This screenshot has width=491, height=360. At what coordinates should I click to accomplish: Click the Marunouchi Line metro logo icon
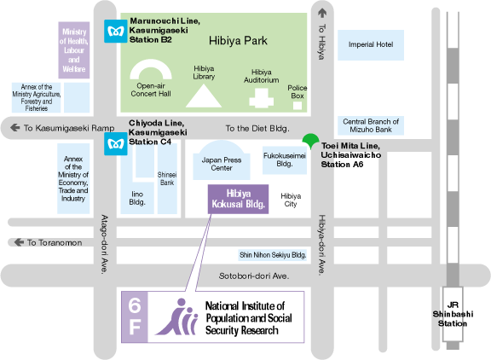pyautogui.click(x=116, y=31)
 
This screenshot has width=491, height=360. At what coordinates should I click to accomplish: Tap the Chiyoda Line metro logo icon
pyautogui.click(x=116, y=144)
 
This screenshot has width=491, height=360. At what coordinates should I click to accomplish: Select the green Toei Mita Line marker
pyautogui.click(x=310, y=141)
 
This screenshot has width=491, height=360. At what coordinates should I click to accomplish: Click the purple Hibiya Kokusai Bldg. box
pyautogui.click(x=239, y=200)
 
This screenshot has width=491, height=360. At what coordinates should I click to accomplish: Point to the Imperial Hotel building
pyautogui.click(x=371, y=45)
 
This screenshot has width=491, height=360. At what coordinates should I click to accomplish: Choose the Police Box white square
pyautogui.click(x=297, y=106)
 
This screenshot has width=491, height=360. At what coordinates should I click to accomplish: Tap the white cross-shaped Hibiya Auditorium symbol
pyautogui.click(x=262, y=98)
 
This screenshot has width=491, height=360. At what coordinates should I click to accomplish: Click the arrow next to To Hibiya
pyautogui.click(x=322, y=13)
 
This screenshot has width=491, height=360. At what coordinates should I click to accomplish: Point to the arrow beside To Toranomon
pyautogui.click(x=19, y=242)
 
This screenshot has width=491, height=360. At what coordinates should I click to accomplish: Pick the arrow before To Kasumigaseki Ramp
pyautogui.click(x=14, y=127)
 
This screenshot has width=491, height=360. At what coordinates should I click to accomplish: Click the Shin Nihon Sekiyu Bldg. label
pyautogui.click(x=273, y=255)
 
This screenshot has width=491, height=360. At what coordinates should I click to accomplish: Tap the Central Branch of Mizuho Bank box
pyautogui.click(x=371, y=125)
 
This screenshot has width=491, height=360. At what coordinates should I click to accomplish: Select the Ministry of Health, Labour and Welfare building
pyautogui.click(x=74, y=50)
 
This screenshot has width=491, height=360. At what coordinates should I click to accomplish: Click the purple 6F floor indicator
pyautogui.click(x=135, y=316)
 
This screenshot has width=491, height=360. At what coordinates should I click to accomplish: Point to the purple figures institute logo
pyautogui.click(x=177, y=316)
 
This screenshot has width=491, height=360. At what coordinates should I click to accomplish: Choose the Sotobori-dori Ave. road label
pyautogui.click(x=254, y=276)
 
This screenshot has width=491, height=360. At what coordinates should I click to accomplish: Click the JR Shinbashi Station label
pyautogui.click(x=453, y=314)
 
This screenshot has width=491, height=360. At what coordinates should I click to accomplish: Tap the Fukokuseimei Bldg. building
pyautogui.click(x=285, y=160)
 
